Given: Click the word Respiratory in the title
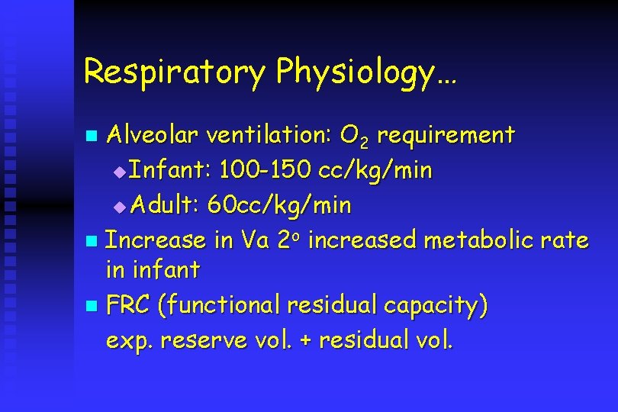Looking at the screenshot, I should tap(175, 72).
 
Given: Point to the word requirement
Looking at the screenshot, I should tap(446, 137).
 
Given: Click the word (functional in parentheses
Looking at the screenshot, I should tap(220, 306).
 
